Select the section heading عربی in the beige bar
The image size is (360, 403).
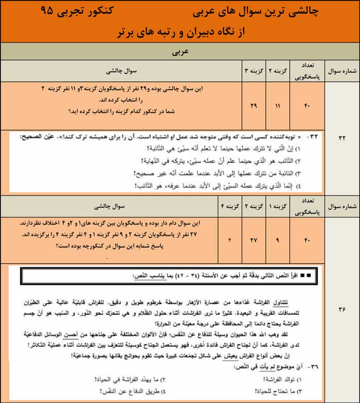coord(180,52)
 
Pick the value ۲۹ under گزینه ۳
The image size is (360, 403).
coord(253,105)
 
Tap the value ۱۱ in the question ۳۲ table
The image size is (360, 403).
coord(278,105)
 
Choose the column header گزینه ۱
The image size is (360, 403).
coord(278,207)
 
